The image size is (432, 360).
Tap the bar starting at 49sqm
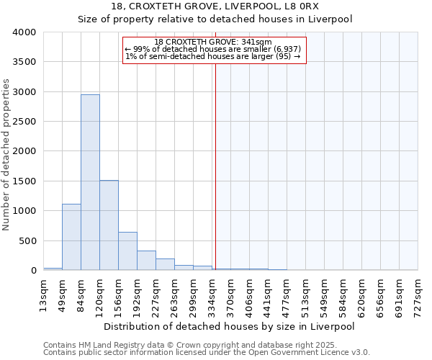tap(71, 237)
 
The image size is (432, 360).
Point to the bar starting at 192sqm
tap(146, 260)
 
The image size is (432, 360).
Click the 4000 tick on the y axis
tap(24, 32)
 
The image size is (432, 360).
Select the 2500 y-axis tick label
tap(24, 122)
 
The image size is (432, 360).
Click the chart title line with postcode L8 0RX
tap(215, 6)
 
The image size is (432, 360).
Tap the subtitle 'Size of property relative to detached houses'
tap(215, 19)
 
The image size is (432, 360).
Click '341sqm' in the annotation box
tap(257, 42)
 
